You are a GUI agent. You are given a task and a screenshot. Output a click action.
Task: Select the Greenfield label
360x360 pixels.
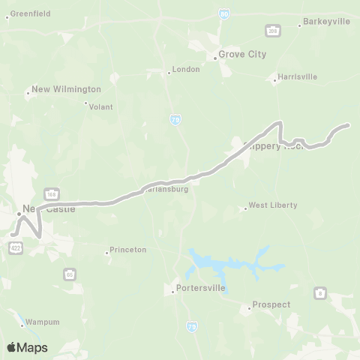pos(28,13)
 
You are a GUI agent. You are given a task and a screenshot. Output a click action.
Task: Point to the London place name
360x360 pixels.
pos(186,69)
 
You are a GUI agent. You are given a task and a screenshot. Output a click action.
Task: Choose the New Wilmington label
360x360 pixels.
pos(66,89)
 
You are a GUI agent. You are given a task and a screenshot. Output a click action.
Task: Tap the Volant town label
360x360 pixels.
pos(100,106)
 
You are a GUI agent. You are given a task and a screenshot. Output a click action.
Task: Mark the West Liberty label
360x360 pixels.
pos(273,205)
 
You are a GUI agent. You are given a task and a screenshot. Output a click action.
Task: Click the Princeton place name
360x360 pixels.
pos(127,250)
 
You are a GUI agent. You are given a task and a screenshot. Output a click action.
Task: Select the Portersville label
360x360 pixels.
pos(199,288)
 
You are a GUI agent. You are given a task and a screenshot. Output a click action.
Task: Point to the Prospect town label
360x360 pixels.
pos(271,304)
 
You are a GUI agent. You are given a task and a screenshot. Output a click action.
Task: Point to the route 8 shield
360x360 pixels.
pos(321,292)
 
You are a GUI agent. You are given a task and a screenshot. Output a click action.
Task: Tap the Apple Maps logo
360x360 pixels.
pos(27,347)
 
